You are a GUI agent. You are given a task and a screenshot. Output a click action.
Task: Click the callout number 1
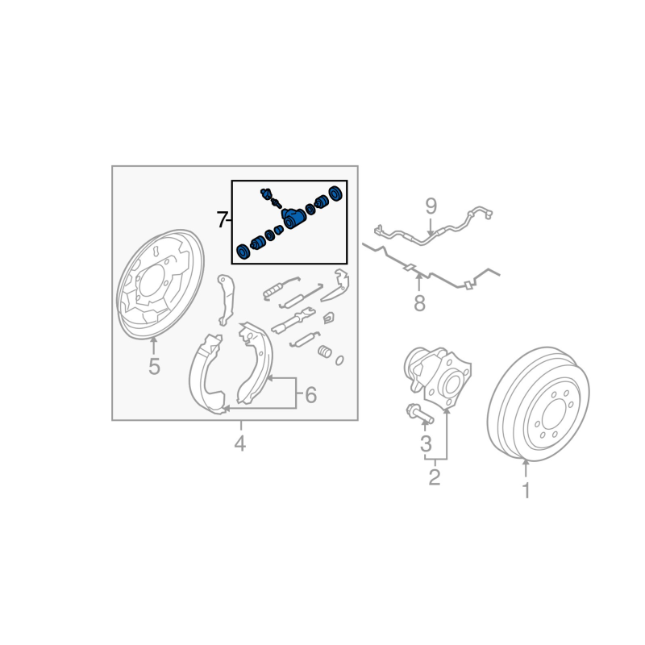click(526, 490)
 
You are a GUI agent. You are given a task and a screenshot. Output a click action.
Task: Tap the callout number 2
click(435, 477)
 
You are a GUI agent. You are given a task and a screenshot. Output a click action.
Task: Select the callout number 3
click(426, 443)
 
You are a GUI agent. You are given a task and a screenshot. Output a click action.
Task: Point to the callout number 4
click(239, 443)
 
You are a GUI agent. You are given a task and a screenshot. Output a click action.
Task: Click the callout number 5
click(154, 367)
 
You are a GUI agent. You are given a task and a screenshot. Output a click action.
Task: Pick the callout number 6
click(311, 395)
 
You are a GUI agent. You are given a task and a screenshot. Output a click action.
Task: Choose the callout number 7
click(223, 220)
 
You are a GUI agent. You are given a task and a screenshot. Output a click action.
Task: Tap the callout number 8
click(419, 304)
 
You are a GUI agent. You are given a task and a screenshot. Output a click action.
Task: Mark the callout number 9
click(431, 206)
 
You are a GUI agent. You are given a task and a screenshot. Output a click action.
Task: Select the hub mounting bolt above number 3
click(419, 414)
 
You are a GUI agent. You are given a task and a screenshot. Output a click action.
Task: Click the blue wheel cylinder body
click(293, 218)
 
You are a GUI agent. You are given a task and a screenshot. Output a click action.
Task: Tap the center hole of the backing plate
click(152, 285)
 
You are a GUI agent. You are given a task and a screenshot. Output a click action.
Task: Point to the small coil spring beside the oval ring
click(325, 352)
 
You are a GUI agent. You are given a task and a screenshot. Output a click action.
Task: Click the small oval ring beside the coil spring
click(339, 360)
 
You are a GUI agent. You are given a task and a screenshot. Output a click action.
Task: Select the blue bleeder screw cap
click(267, 193)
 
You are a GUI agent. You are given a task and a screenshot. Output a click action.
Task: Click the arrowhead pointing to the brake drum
click(526, 463)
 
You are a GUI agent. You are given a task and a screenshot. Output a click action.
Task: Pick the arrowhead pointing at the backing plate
click(153, 339)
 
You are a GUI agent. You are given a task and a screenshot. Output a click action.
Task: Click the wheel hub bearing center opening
click(451, 382)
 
